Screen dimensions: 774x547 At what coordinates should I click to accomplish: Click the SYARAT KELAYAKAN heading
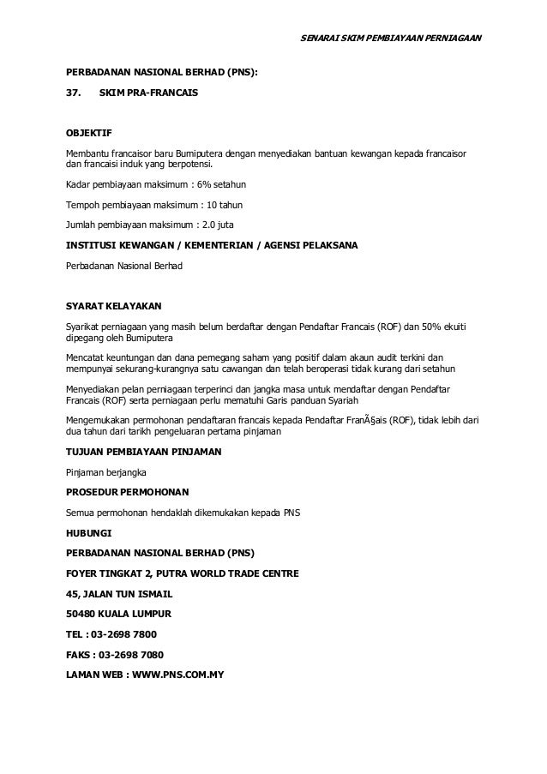pyautogui.click(x=113, y=305)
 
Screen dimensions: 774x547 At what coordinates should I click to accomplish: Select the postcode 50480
pyautogui.click(x=81, y=614)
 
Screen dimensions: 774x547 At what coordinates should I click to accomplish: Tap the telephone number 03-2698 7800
pyautogui.click(x=127, y=634)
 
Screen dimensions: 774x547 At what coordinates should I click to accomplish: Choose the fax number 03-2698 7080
pyautogui.click(x=131, y=655)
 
